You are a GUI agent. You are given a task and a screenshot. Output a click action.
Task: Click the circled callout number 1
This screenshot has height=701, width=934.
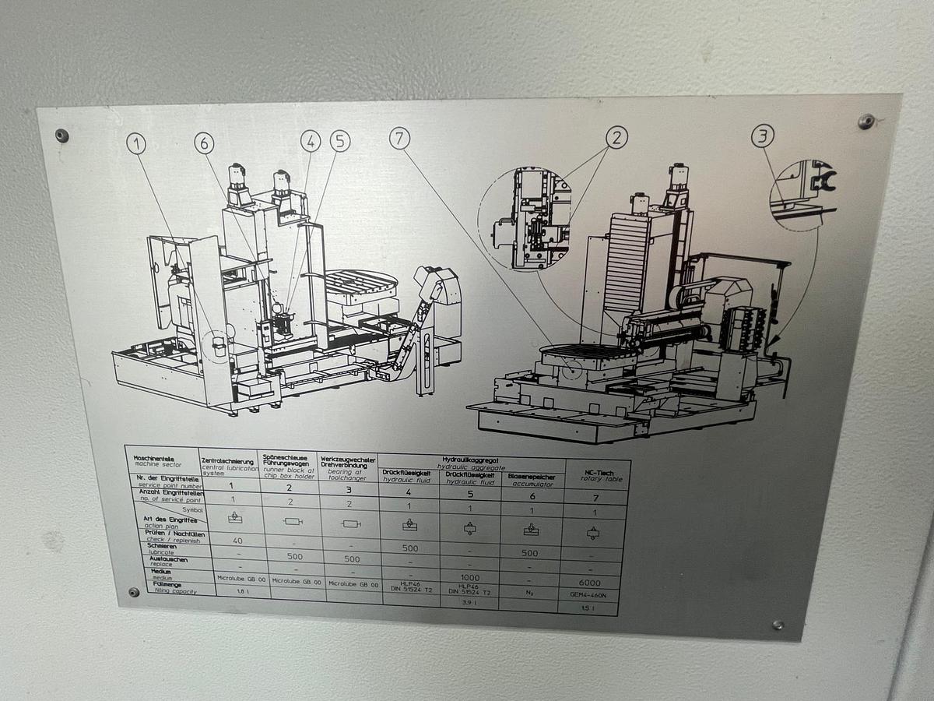coord(137,143)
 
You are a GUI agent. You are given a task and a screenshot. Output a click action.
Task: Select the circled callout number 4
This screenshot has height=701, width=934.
coord(311,141)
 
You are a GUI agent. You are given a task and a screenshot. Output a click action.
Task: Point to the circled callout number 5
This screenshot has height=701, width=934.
coord(339,141)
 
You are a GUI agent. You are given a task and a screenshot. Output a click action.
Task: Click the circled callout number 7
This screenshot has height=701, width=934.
coord(399,139)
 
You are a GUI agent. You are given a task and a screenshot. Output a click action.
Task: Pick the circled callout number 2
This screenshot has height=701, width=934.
coord(616,138)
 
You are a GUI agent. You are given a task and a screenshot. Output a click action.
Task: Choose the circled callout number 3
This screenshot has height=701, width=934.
coord(763,137)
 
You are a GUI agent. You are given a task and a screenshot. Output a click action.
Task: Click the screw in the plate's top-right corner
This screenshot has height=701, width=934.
coord(866,122)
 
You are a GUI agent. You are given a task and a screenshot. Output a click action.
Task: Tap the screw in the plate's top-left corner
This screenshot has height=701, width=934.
coord(61,136)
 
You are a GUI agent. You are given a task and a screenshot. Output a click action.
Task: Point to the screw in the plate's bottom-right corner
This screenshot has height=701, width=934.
coord(778,625)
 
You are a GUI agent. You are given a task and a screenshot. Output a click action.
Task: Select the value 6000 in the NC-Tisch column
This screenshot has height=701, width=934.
coord(590,582)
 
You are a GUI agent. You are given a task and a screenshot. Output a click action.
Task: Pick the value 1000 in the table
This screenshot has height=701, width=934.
coord(469,577)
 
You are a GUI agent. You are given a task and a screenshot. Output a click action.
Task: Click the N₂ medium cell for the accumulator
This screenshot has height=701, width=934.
coord(529,591)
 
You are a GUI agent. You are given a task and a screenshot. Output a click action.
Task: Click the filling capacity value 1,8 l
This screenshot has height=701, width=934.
coord(232,593)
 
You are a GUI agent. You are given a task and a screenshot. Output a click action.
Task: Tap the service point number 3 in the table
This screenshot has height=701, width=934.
coord(348,490)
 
